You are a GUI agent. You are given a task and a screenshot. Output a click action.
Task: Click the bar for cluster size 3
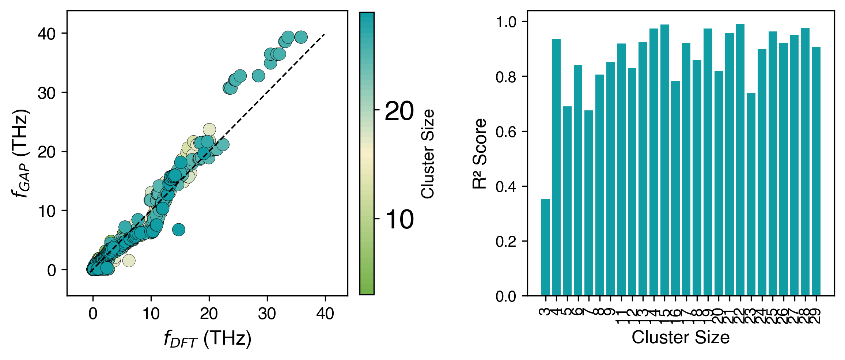[x=545, y=247]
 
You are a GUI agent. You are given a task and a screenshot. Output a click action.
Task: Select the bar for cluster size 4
[x=556, y=167]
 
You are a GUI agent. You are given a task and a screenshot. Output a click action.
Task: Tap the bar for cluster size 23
[x=751, y=194]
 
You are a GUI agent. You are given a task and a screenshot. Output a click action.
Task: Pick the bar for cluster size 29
[x=816, y=171]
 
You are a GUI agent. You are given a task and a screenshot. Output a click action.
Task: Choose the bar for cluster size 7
[x=588, y=203]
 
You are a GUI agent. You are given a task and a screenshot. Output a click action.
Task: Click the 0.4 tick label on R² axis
[x=506, y=187]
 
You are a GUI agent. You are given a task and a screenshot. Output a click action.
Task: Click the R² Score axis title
[x=480, y=154]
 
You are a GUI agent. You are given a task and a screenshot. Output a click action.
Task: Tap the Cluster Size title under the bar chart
[x=681, y=337]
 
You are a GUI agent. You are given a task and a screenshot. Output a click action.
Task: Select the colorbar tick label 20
[x=399, y=111]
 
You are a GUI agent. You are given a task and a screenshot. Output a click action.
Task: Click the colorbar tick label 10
[x=399, y=220]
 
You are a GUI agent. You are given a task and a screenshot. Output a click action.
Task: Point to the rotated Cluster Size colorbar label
[x=428, y=154]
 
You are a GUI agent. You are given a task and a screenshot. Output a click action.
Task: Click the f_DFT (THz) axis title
[x=208, y=339]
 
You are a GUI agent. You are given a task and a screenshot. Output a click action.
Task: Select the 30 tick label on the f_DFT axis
[x=267, y=314]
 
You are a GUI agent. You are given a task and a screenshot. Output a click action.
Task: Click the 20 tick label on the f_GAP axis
[x=46, y=152]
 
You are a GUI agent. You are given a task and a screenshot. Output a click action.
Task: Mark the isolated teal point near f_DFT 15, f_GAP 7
[x=178, y=230]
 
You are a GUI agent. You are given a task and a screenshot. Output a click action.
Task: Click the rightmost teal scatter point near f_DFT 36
[x=301, y=37]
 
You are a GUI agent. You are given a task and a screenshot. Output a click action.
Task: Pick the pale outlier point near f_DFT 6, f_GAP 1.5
[x=129, y=261]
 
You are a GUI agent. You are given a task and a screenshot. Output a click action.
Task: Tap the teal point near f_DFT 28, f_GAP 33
[x=258, y=76]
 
